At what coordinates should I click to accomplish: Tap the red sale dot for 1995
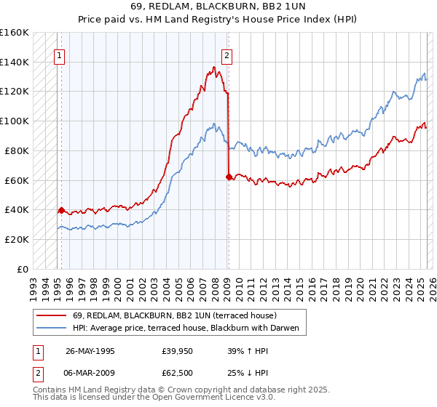tap(61, 209)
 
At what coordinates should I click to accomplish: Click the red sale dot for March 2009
tap(229, 176)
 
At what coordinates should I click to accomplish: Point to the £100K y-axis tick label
tap(15, 121)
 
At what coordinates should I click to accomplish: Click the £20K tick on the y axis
tap(17, 239)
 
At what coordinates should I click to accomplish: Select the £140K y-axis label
tap(15, 62)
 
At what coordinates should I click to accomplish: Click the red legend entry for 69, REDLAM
tap(174, 316)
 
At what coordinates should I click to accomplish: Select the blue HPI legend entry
tap(185, 329)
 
